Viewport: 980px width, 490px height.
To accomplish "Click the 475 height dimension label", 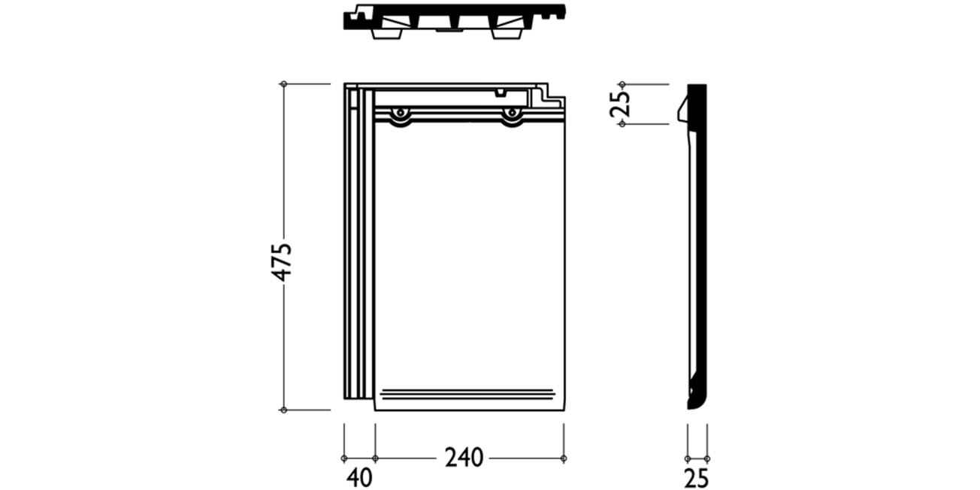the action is point(282,262).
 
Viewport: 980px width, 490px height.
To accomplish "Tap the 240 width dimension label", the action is point(464,458).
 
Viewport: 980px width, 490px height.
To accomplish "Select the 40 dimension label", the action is point(360,478).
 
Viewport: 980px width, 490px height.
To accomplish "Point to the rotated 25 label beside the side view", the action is point(621,104).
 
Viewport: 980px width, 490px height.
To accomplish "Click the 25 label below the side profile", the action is point(696,478).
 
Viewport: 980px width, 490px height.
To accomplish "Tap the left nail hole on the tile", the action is point(400,113).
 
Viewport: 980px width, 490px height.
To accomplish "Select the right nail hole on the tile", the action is point(511,113).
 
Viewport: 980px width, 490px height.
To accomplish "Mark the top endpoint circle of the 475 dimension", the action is point(283,83).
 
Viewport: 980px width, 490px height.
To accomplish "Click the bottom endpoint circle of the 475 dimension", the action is point(283,410).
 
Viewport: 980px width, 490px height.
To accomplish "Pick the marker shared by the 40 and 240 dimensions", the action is point(375,458).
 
